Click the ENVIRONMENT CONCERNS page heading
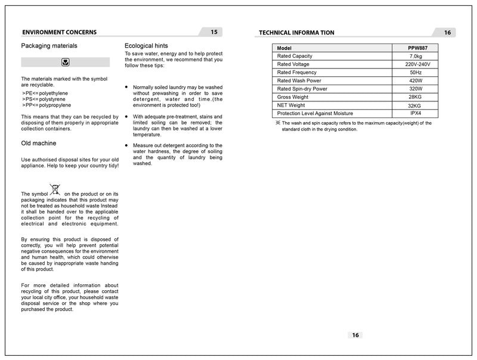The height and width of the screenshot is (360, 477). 59,32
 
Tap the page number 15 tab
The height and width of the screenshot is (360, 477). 214,32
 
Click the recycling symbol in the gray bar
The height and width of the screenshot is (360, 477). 65,62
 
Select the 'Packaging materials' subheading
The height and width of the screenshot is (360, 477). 49,46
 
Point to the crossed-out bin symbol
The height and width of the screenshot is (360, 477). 55,190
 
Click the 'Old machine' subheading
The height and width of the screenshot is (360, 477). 39,144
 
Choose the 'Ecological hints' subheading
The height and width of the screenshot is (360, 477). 146,46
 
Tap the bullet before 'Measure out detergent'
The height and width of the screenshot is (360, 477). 126,145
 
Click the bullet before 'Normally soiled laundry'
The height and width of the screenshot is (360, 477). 126,87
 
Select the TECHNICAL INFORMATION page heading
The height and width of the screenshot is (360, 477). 297,33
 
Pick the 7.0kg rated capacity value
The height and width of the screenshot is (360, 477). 416,56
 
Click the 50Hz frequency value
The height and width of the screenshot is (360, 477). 416,73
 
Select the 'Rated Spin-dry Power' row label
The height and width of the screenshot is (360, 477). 302,89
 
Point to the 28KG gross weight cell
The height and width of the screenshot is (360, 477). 415,97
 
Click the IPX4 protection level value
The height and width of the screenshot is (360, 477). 416,113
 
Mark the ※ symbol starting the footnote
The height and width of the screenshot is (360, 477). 277,123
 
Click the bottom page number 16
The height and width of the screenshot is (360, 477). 355,335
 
